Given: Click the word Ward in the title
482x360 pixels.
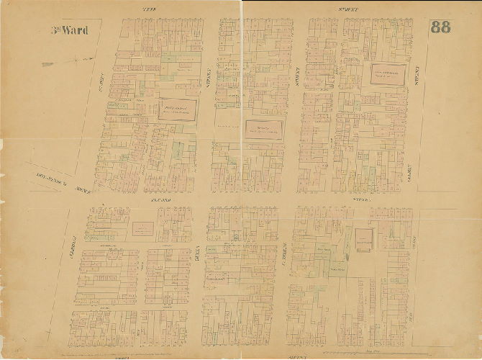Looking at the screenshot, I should point(75,30).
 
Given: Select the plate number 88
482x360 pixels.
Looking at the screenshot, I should point(440,28).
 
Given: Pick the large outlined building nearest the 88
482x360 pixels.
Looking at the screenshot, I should point(386,74).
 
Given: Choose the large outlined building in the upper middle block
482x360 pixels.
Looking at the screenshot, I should point(263,130).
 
